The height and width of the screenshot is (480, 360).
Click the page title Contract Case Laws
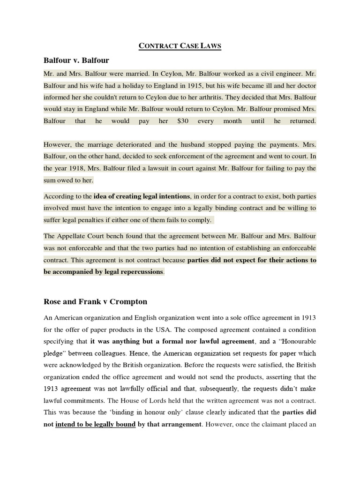(180, 46)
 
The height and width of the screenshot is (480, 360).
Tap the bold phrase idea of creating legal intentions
(142, 196)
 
